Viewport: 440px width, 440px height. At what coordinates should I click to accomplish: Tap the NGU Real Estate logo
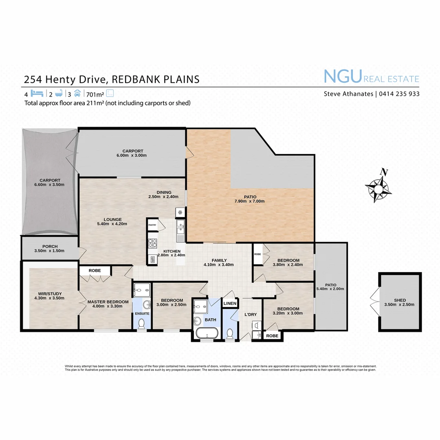click(x=371, y=77)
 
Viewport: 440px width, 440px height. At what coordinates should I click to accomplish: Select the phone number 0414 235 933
click(x=399, y=94)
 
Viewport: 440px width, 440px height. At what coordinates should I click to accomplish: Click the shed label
click(x=400, y=300)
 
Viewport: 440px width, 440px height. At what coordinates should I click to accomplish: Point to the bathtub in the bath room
click(x=207, y=334)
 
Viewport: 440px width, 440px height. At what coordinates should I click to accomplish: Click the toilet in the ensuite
click(x=141, y=324)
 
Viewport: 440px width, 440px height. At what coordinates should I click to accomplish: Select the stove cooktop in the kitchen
click(x=152, y=243)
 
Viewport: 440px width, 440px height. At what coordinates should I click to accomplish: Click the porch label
click(x=50, y=246)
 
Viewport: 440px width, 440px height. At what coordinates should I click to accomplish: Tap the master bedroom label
click(x=108, y=302)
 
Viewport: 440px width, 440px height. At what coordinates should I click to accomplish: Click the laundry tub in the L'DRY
click(x=256, y=325)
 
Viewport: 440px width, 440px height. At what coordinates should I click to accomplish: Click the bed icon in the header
click(x=37, y=93)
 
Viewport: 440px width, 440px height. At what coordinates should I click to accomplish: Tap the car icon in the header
click(x=77, y=93)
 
